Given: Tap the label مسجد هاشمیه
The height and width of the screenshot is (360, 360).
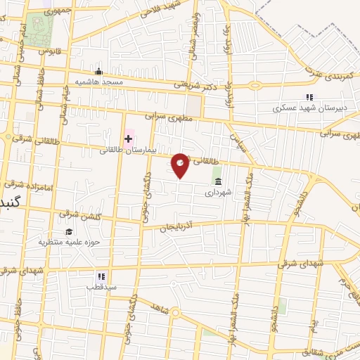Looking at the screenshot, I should tap(103, 82).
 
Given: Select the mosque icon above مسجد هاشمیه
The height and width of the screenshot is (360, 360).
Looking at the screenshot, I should tap(99, 71).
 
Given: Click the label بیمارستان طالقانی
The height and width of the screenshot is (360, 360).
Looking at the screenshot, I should tap(122, 150).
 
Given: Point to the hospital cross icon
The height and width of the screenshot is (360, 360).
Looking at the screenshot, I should tap(129, 139).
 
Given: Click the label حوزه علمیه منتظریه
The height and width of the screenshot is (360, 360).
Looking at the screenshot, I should tap(65, 242).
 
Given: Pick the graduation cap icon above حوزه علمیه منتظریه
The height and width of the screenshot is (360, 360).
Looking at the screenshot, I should tap(69, 231).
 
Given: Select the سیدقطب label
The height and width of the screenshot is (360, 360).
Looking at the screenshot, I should tap(101, 287).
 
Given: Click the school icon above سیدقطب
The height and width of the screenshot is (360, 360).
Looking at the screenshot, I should tap(101, 276).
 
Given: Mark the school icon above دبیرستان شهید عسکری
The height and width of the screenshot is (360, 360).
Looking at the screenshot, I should tap(308, 98).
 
